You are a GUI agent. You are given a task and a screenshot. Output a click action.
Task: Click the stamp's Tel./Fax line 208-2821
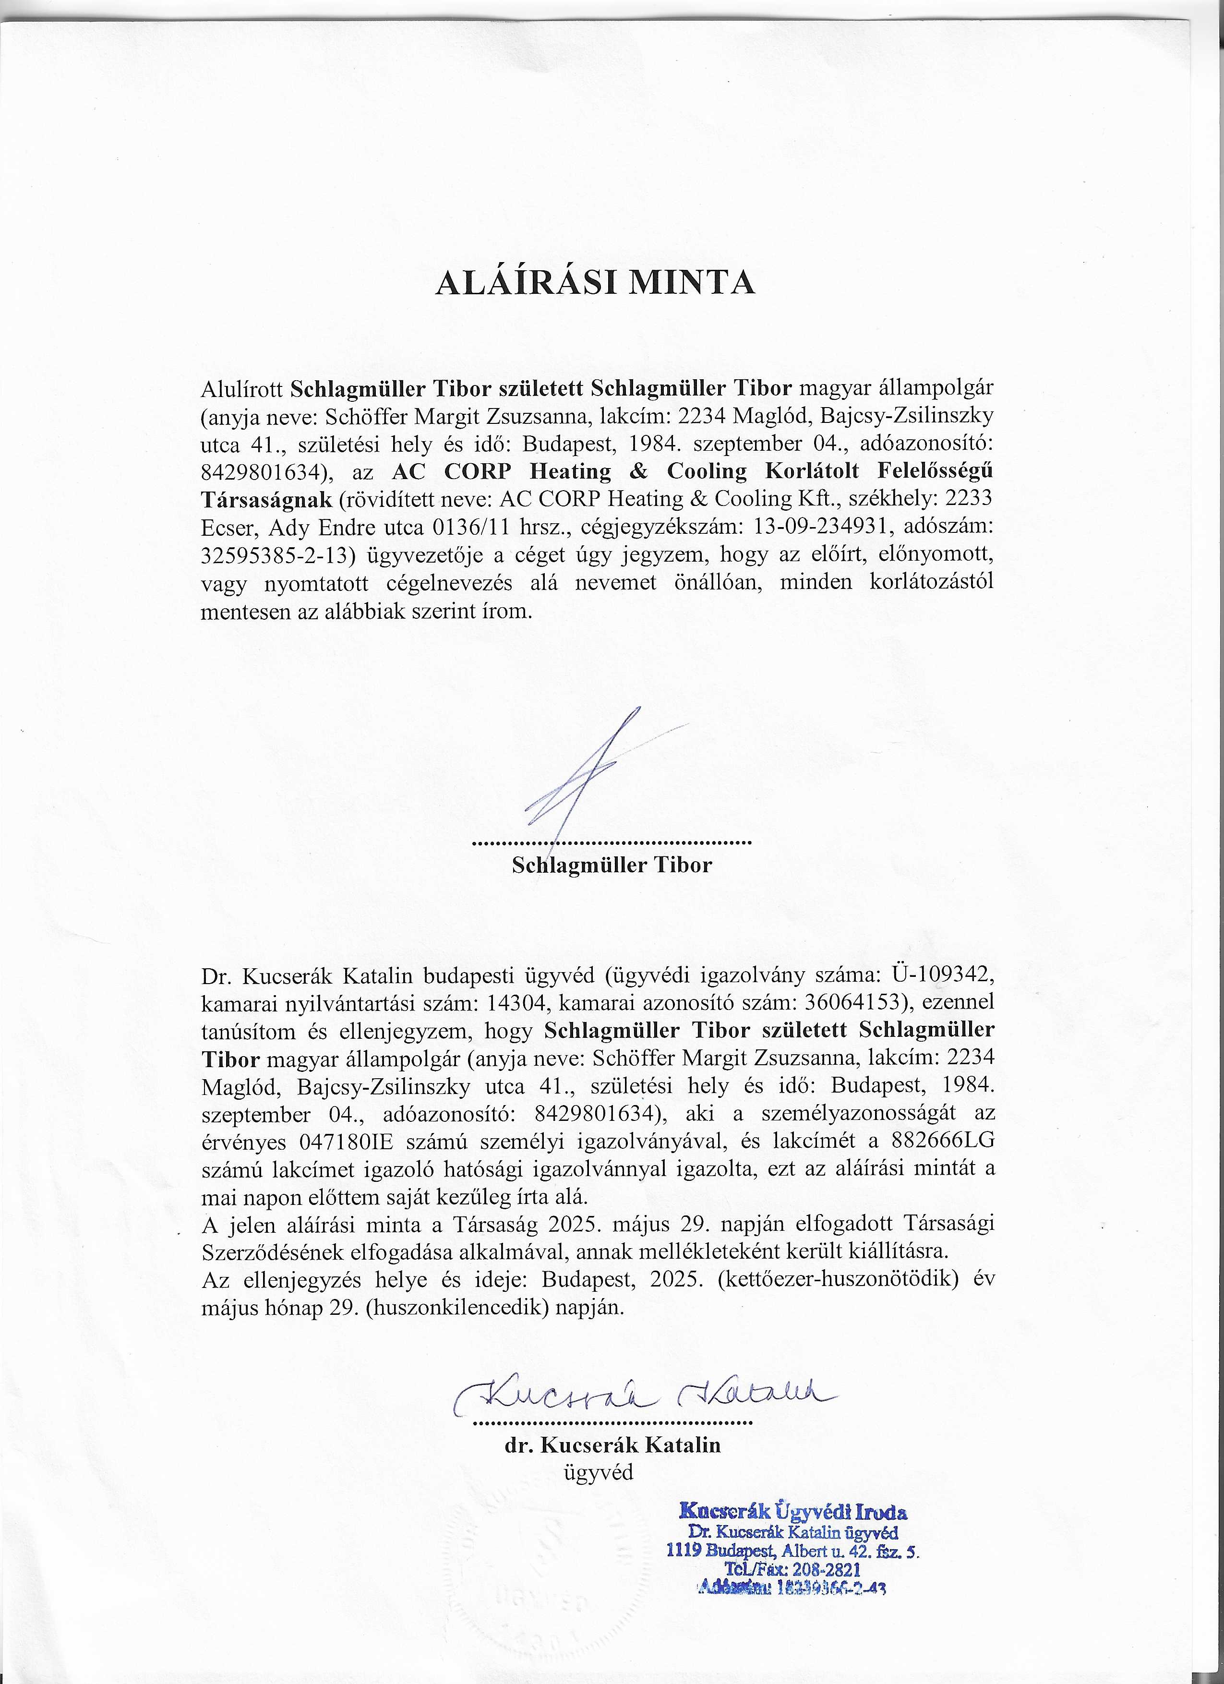[x=794, y=1570]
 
